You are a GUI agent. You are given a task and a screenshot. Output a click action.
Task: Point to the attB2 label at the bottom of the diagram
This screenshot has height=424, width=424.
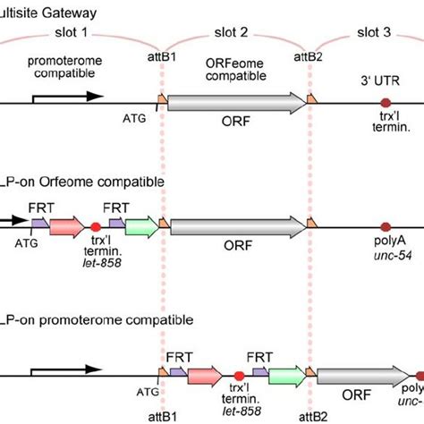click(x=310, y=416)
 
